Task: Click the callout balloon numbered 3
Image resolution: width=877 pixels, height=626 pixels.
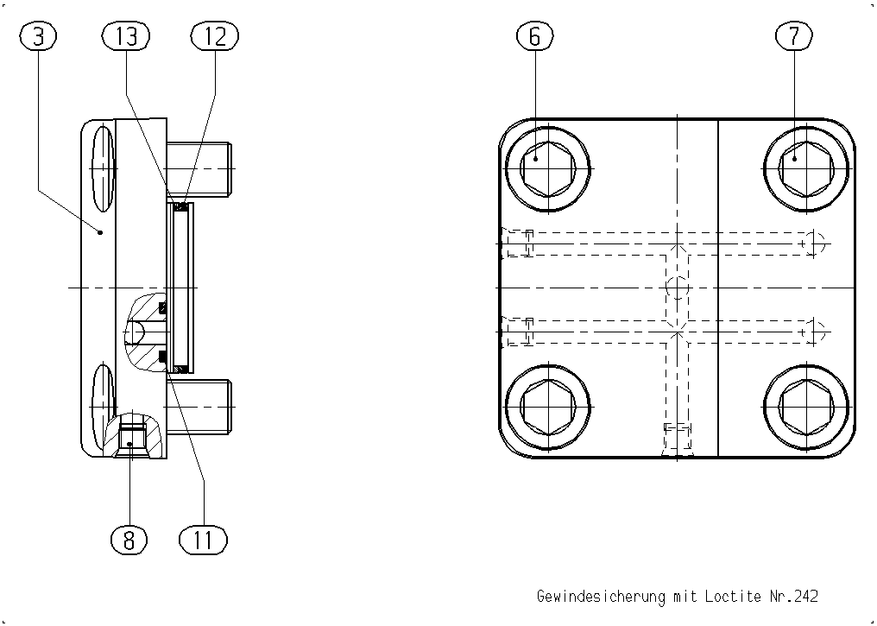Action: pos(38,35)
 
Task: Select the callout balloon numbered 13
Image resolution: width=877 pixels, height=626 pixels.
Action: pos(126,35)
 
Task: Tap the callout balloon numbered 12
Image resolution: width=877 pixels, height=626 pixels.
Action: pos(215,35)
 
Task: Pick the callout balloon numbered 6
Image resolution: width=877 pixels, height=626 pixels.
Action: pos(534,35)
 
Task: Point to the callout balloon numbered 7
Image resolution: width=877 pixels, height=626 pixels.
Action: pos(793,35)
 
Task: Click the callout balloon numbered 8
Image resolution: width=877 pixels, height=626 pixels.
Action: pos(129,540)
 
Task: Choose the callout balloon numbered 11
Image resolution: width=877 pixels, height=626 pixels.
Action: pos(203,540)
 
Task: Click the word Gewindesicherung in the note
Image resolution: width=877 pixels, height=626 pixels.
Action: pos(602,597)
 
